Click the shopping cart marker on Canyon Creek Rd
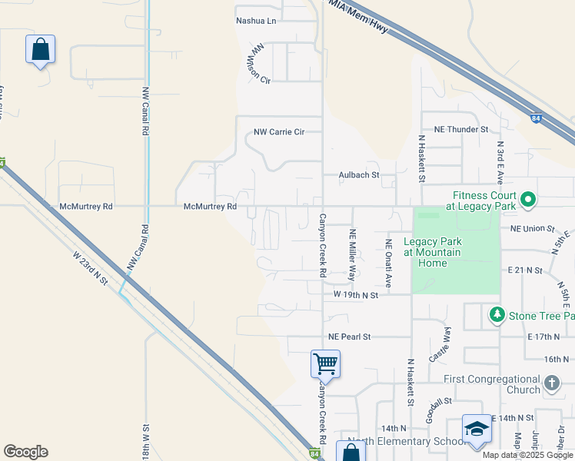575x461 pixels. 325,363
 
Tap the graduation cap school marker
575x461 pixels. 477,428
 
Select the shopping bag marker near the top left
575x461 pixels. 41,50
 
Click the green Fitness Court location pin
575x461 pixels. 527,201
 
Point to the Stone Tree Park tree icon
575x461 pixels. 497,315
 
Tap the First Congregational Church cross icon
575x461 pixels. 551,383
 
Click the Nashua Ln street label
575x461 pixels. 255,21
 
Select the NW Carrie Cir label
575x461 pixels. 279,132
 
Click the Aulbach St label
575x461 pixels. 359,175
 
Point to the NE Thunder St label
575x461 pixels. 461,130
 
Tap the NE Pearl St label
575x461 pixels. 349,337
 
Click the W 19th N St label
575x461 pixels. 356,294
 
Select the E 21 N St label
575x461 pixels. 525,270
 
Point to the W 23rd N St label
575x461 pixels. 91,268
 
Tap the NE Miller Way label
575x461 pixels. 353,254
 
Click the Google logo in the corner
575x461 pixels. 25,452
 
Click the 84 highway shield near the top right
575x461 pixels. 536,118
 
